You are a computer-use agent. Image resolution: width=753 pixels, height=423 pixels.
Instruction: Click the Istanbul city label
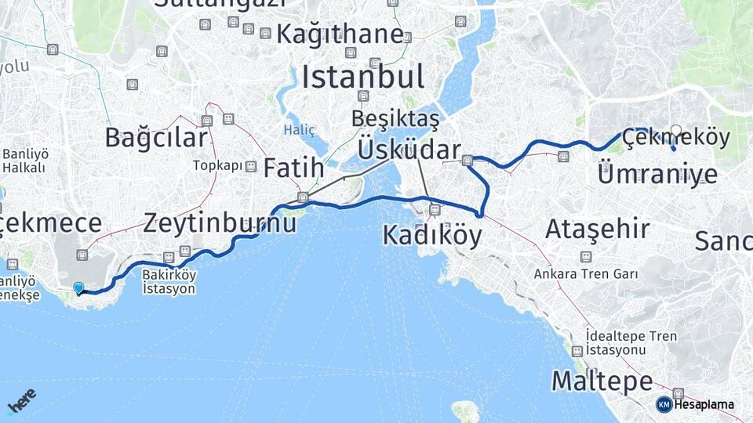pyautogui.click(x=362, y=77)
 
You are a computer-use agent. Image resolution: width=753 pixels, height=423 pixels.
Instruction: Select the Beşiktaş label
pyautogui.click(x=395, y=118)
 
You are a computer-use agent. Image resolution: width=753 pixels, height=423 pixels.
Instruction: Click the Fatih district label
pyautogui.click(x=293, y=168)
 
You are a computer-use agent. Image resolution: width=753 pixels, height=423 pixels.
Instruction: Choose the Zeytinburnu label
pyautogui.click(x=220, y=222)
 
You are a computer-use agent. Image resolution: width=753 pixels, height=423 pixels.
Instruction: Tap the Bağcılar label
pyautogui.click(x=156, y=138)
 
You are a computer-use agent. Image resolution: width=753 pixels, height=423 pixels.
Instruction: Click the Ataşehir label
pyautogui.click(x=597, y=230)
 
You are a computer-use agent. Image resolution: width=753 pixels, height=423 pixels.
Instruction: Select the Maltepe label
pyautogui.click(x=602, y=381)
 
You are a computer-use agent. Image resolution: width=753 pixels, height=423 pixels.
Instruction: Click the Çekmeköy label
pyautogui.click(x=675, y=139)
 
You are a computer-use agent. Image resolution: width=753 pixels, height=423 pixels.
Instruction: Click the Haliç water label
pyautogui.click(x=299, y=129)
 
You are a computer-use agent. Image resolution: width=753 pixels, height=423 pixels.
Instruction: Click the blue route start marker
pyautogui.click(x=78, y=287)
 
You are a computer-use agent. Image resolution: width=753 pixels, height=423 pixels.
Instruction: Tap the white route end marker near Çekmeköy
pyautogui.click(x=676, y=131)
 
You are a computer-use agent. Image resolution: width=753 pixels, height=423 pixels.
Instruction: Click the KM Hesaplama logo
pyautogui.click(x=696, y=404)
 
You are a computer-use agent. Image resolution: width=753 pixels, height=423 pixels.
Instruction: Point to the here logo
pyautogui.click(x=21, y=400)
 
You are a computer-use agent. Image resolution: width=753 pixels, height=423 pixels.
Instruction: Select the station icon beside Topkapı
pyautogui.click(x=251, y=166)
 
